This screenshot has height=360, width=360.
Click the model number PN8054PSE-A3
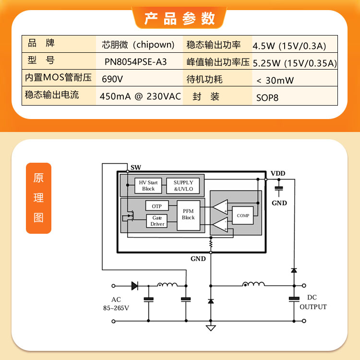click(135, 62)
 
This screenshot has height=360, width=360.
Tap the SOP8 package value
click(267, 98)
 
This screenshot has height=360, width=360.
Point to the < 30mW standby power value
click(275, 80)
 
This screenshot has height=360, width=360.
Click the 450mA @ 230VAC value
click(140, 96)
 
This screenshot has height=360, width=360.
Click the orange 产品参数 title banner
click(180, 18)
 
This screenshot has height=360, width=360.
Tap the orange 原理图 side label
click(38, 198)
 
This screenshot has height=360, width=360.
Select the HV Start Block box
click(148, 185)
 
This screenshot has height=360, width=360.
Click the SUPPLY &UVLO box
click(183, 185)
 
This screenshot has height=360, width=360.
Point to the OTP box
click(157, 206)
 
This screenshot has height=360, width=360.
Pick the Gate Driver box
click(157, 221)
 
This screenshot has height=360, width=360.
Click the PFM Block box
click(188, 216)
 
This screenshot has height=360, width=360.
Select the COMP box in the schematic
click(243, 216)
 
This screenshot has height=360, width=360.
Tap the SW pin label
click(136, 168)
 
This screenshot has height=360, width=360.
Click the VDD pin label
click(278, 173)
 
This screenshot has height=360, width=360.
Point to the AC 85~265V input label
click(116, 303)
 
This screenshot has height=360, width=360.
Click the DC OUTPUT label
click(313, 302)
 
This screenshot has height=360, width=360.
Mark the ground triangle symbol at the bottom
click(211, 328)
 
